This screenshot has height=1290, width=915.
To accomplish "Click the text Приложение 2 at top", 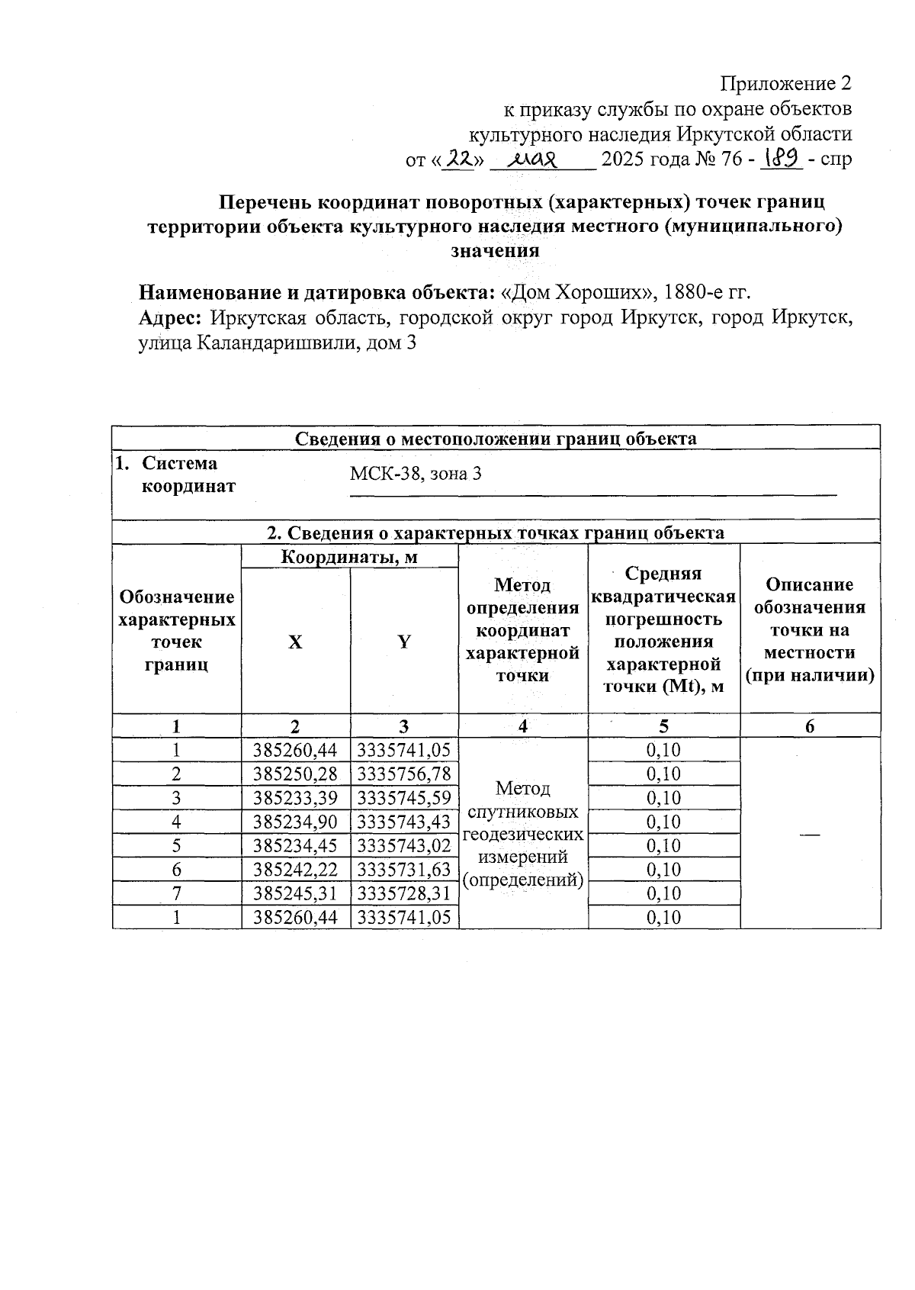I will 785,82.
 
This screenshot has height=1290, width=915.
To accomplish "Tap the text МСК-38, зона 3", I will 416,474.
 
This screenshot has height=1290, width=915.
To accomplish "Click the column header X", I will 295,642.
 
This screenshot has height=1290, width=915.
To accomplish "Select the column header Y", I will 404,642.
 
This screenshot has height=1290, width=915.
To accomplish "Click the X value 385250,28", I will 295,774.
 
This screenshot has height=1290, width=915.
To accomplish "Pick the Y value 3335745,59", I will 404,798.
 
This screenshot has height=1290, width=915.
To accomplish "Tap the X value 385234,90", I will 295,822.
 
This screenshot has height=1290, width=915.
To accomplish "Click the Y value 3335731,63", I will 404,870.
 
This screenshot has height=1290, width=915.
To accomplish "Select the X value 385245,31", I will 295,893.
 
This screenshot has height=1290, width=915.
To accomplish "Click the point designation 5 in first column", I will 176,846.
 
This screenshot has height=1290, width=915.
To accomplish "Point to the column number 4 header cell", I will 523,726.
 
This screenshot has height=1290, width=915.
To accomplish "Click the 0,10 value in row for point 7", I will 663,893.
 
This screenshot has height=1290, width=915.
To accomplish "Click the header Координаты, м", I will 349,557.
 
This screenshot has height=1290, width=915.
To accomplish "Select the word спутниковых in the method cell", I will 522,812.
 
